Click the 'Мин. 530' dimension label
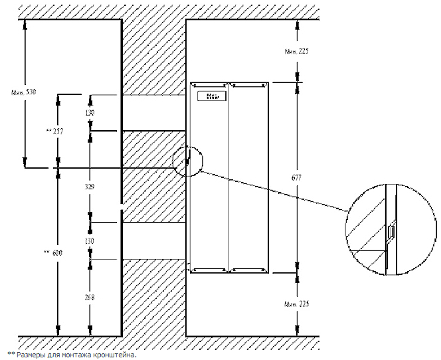point(15,92)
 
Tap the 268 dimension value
point(90,298)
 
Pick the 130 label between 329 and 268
point(90,240)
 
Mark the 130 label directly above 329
point(90,114)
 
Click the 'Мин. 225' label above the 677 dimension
point(297,50)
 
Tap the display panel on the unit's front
point(212,97)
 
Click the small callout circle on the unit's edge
point(189,160)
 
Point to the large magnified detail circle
point(391,229)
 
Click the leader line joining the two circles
point(272,191)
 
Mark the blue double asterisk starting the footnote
point(11,354)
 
